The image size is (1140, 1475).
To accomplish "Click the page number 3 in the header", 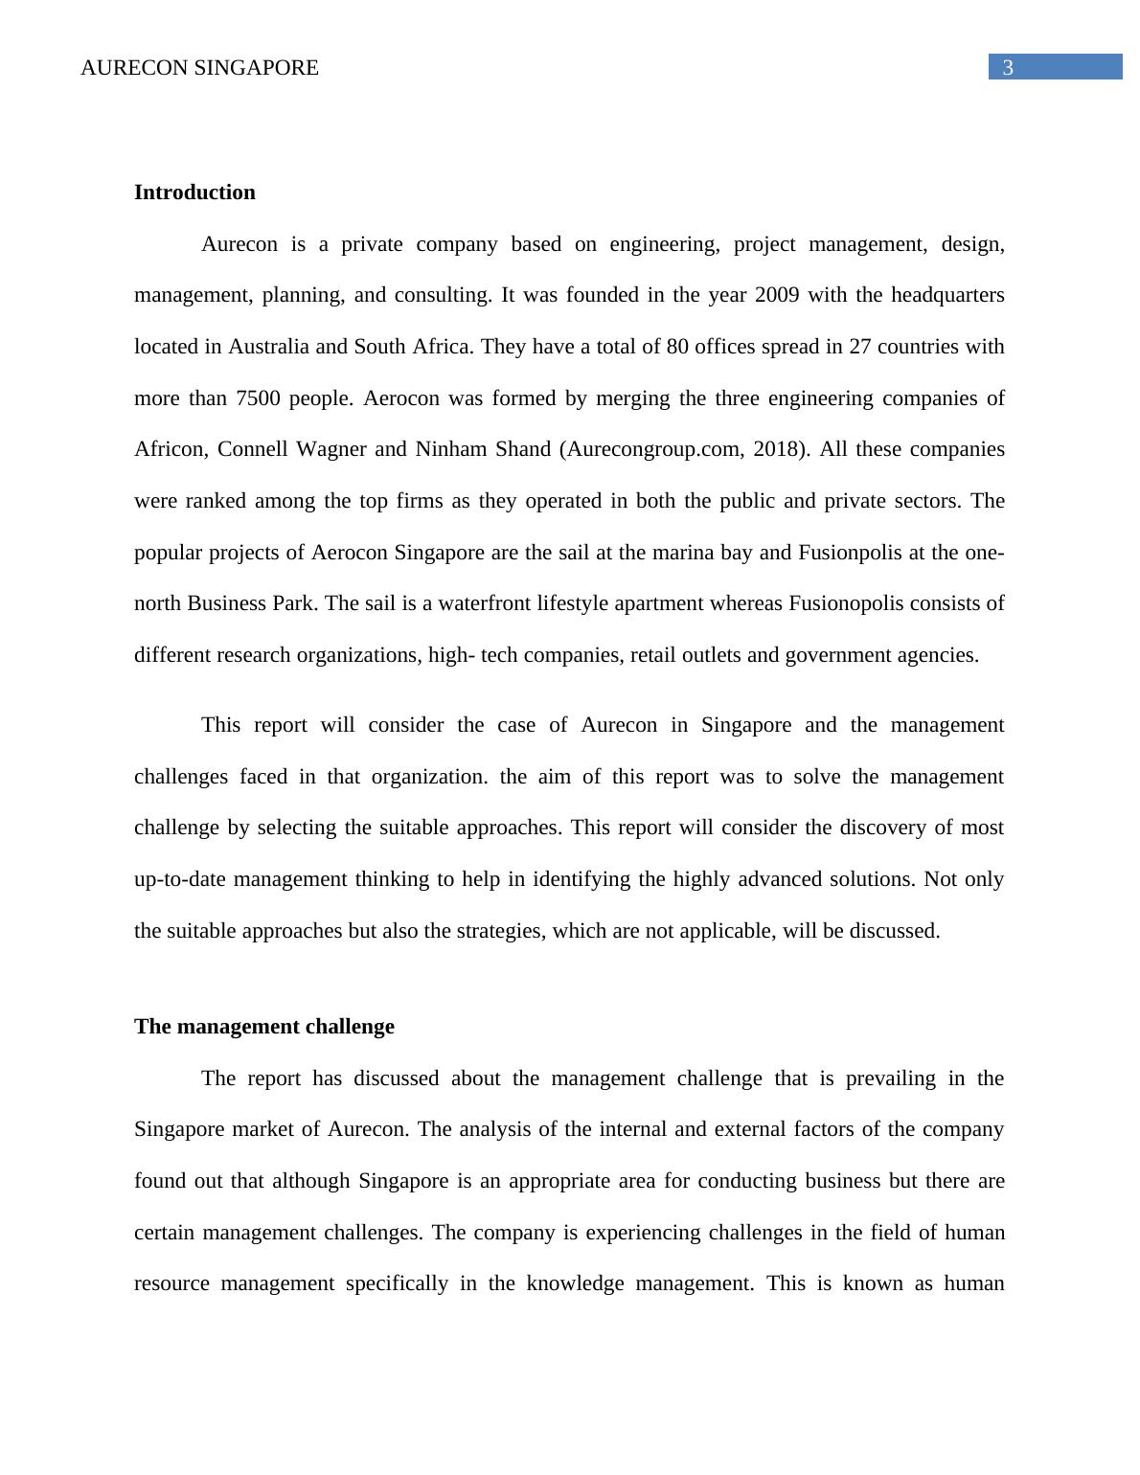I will [x=1008, y=67].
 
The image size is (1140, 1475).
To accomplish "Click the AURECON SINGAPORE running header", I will [x=199, y=68].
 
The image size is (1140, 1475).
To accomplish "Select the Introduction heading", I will [x=194, y=193].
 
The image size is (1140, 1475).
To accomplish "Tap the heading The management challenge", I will [x=263, y=1027].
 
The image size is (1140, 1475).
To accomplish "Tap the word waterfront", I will [x=485, y=603].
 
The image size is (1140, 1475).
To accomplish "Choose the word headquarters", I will [x=947, y=295].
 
